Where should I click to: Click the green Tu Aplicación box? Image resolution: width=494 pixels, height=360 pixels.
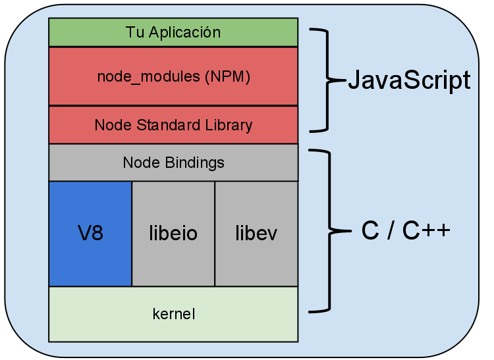tap(173, 32)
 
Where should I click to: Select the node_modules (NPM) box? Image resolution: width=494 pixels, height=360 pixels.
tap(173, 76)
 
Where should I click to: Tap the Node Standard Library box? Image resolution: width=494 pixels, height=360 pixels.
tap(173, 125)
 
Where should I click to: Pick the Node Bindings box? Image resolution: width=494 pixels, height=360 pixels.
tap(173, 163)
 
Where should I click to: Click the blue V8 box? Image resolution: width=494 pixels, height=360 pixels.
tap(90, 234)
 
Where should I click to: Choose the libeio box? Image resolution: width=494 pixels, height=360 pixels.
tap(173, 234)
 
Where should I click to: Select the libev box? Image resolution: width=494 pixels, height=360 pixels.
tap(256, 234)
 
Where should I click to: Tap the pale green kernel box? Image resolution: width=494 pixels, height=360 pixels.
tap(173, 314)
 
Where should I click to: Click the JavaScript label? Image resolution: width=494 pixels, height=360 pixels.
tap(408, 80)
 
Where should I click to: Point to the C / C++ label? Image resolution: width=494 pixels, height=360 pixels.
tap(406, 231)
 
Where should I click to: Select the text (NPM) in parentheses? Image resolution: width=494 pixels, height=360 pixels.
tap(227, 76)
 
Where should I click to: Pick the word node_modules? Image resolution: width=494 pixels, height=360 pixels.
tap(148, 76)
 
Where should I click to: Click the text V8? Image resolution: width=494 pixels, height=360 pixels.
tap(90, 234)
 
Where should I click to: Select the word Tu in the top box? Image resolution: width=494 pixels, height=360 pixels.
tap(133, 32)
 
